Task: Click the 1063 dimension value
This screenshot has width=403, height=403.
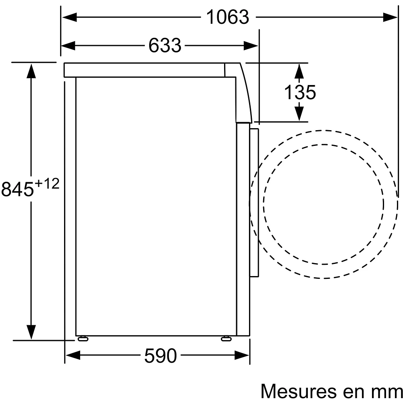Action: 228,17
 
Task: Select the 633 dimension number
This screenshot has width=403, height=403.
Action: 165,46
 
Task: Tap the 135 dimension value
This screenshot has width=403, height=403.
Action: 300,93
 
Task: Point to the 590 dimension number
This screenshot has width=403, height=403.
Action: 161,356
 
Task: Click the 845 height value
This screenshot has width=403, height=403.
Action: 17,189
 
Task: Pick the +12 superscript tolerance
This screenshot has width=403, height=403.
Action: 47,184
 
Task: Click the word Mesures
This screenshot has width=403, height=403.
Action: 298,391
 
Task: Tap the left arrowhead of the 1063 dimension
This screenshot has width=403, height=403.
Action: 70,17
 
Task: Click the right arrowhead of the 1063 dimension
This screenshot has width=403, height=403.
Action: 390,17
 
